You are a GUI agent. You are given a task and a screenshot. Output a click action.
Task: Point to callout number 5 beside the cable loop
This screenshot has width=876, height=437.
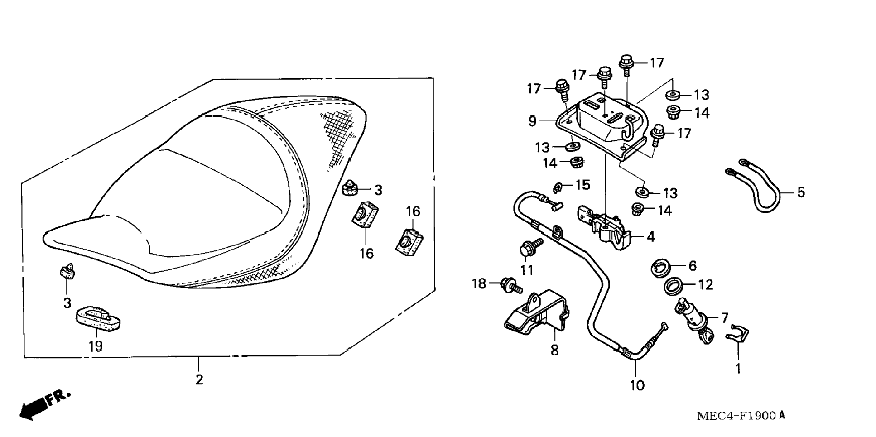[x=801, y=192]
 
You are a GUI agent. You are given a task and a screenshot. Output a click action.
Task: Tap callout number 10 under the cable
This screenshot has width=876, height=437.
[x=637, y=385]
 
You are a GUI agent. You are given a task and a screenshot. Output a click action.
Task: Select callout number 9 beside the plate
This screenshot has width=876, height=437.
[x=533, y=121]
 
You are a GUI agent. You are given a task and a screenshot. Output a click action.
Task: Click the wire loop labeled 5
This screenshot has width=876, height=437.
[x=756, y=190]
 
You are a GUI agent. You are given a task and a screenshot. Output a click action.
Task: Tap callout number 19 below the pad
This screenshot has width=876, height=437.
[x=95, y=346]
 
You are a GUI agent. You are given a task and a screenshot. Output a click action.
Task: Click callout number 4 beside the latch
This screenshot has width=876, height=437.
[x=650, y=236]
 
